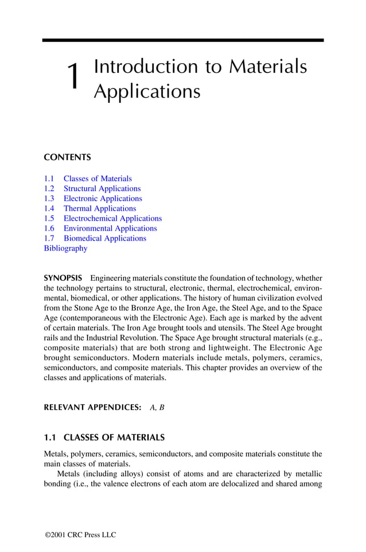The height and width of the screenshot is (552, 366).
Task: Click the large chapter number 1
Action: click(73, 78)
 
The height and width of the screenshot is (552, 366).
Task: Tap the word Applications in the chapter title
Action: click(146, 91)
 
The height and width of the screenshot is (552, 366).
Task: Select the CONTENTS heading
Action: click(67, 157)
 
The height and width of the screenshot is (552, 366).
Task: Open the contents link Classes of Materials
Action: click(97, 179)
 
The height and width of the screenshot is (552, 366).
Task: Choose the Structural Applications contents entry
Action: click(102, 188)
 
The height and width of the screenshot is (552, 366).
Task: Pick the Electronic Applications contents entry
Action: click(102, 199)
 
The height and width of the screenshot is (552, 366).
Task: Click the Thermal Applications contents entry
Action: click(99, 209)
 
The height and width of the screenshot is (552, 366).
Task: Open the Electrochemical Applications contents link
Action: click(112, 218)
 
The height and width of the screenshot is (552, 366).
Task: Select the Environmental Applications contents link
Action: click(110, 229)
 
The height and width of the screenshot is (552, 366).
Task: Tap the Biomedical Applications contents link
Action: click(104, 238)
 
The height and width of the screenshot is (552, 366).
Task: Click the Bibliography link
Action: click(65, 248)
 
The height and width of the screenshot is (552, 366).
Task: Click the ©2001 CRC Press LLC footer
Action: click(80, 535)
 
